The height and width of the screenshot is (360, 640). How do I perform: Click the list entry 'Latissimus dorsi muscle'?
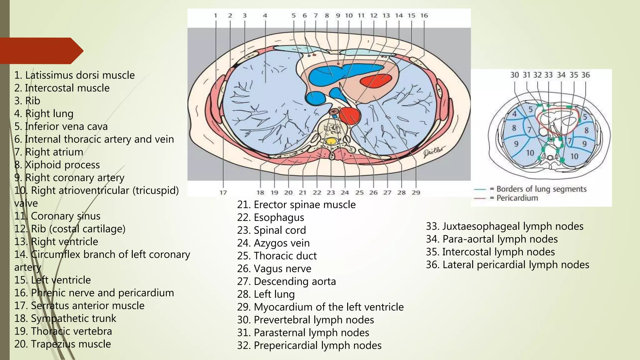click(74, 75)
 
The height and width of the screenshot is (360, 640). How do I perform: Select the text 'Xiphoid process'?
click(57, 165)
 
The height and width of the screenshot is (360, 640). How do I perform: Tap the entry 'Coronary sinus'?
click(57, 216)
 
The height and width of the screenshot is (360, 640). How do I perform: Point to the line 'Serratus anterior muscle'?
click(79, 306)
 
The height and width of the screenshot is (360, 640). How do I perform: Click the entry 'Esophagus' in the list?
click(271, 217)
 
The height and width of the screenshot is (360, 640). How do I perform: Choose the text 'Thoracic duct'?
click(277, 256)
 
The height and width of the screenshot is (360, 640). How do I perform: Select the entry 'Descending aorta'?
click(287, 282)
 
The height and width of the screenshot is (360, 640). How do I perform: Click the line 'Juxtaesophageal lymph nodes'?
click(504, 226)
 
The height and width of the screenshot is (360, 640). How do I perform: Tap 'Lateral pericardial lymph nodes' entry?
click(507, 265)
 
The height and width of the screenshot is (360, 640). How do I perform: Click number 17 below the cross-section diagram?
click(223, 192)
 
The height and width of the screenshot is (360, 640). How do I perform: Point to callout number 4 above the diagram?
click(265, 15)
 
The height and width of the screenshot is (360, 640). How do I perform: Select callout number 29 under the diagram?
click(416, 192)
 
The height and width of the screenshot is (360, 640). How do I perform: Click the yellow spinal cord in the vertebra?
click(331, 141)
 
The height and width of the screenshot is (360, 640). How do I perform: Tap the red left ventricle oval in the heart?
click(376, 81)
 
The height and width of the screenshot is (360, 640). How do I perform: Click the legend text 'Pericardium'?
click(517, 198)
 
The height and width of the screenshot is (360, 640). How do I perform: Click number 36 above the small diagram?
click(585, 75)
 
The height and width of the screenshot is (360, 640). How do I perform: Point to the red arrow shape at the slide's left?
click(41, 51)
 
